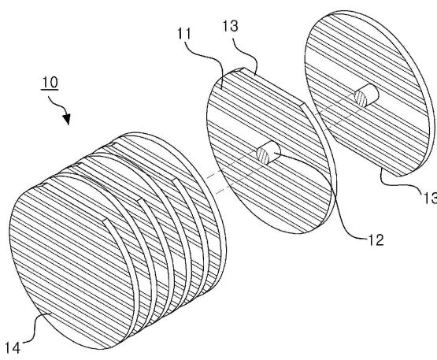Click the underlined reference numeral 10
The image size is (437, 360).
50,82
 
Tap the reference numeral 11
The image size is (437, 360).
184,34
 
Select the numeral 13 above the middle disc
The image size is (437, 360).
231,26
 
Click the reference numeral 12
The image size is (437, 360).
376,239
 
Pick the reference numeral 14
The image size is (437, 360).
13,348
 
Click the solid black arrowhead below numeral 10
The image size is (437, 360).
66,119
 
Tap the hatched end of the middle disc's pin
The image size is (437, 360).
263,156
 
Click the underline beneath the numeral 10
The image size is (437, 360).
50,90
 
